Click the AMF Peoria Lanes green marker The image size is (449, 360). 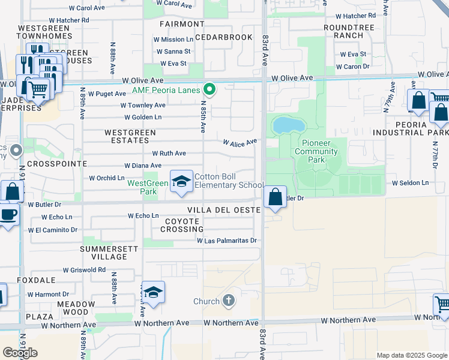209,90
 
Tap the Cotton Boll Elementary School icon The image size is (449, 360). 180,182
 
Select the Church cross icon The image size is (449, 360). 228,300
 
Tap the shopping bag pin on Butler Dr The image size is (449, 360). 275,197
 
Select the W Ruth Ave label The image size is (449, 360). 169,154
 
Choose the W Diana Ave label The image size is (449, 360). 142,166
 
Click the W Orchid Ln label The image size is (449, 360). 106,178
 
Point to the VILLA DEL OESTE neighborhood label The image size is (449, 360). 224,210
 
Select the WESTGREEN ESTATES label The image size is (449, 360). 127,136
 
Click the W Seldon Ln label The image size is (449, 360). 411,182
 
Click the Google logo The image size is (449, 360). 20,353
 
